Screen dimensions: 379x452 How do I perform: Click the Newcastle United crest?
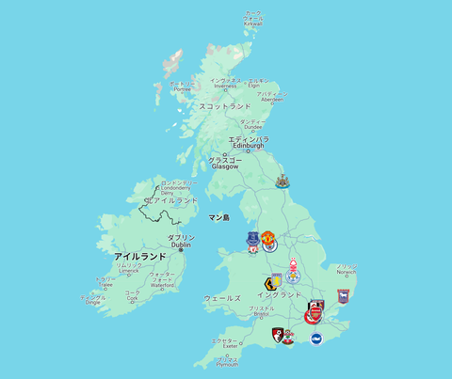tap(282, 182)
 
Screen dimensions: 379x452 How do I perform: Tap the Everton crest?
tap(251, 241)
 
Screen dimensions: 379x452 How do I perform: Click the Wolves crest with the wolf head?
tap(272, 284)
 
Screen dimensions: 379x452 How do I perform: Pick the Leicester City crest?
tap(295, 280)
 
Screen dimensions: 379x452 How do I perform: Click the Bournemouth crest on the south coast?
tap(278, 335)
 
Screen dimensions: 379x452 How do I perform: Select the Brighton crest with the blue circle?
tap(316, 339)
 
